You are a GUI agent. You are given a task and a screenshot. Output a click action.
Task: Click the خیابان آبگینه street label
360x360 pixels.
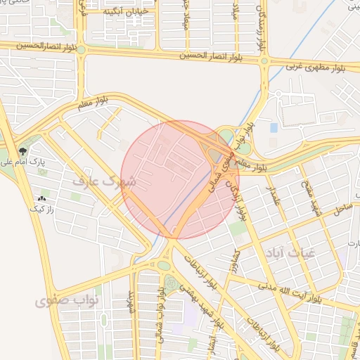124,13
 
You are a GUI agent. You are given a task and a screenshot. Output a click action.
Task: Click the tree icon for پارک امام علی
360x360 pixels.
24,152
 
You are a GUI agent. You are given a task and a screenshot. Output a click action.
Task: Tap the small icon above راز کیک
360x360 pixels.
44,199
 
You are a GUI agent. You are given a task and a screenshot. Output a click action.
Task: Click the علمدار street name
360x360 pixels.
271,193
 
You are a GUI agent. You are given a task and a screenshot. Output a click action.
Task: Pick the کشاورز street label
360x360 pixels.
237,262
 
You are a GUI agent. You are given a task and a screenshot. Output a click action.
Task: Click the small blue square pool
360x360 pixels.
274,127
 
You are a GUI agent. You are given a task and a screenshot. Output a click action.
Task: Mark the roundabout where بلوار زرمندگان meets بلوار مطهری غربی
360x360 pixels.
264,61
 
